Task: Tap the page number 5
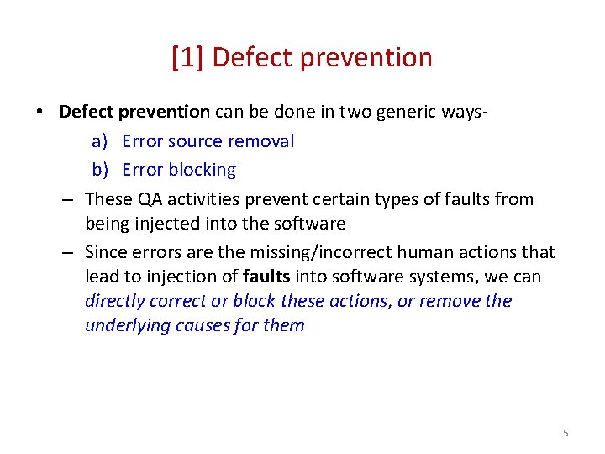566,432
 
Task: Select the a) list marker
101,141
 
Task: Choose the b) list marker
101,170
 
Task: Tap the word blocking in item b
203,170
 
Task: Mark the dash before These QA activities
67,199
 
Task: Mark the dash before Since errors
67,252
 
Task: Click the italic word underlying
127,325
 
